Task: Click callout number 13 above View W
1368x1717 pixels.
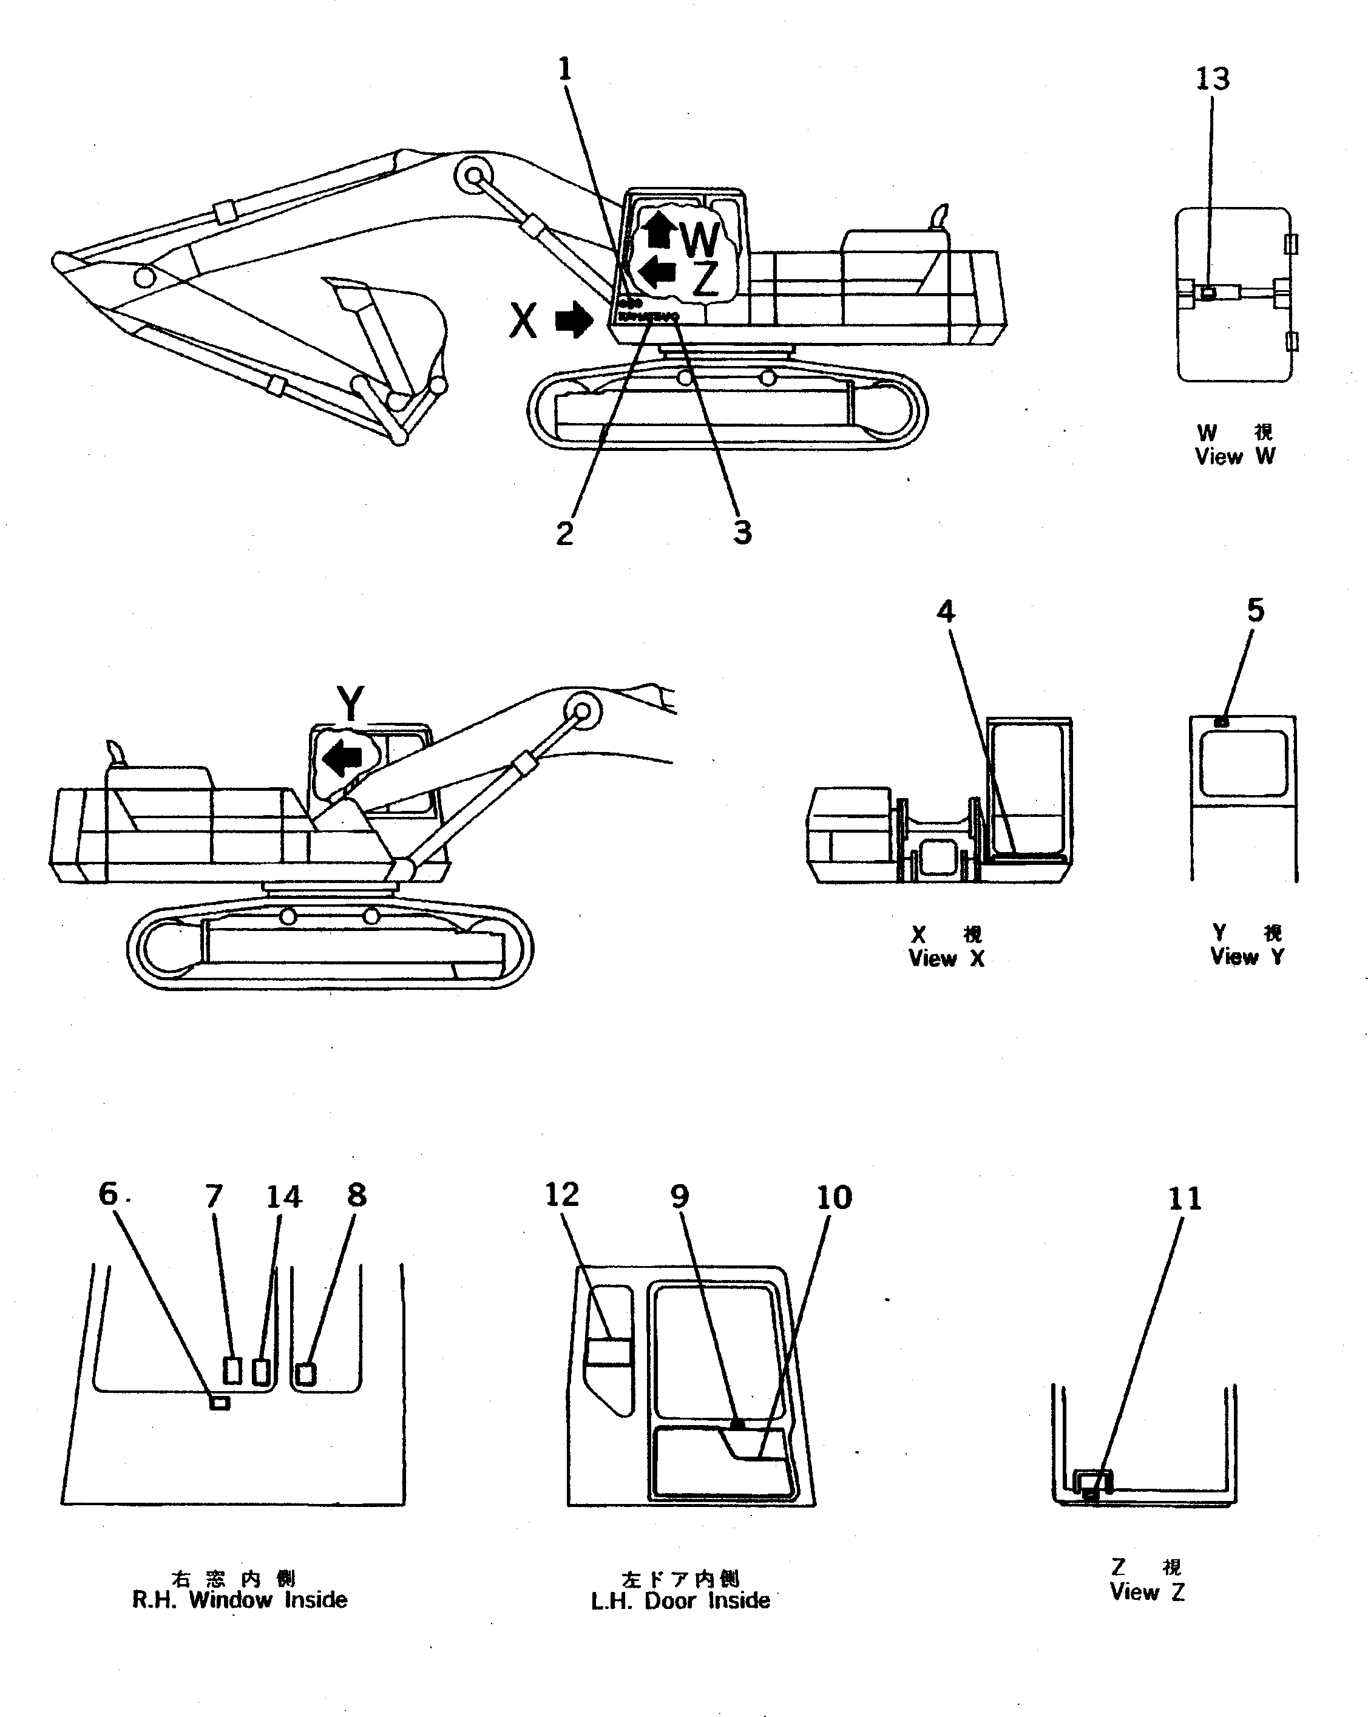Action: pos(1213,79)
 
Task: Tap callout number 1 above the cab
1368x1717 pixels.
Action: pos(564,69)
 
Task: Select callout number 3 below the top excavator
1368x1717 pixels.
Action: pos(742,532)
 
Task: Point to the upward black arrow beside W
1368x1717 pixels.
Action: pos(659,229)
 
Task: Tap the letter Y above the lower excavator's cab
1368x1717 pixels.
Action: pos(350,703)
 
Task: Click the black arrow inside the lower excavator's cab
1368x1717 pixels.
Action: pos(342,757)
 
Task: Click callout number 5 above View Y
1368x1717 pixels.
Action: pos(1255,610)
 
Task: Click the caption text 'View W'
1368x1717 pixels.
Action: pos(1234,456)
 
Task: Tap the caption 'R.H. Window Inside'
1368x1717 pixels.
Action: pos(240,1599)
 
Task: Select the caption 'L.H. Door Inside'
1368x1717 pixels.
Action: pos(680,1600)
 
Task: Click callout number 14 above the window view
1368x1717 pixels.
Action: pos(283,1197)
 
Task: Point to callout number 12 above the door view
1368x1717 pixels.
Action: pos(561,1194)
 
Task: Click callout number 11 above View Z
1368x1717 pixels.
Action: pos(1184,1199)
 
